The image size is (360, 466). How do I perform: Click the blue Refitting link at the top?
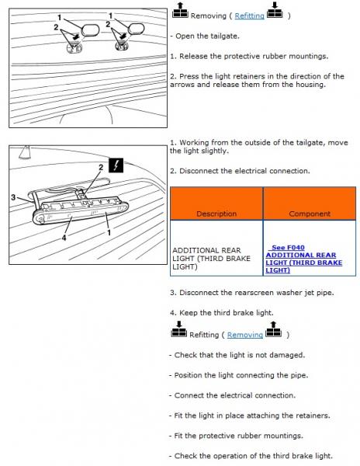click(x=249, y=16)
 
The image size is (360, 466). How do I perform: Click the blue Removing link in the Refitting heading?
click(x=245, y=335)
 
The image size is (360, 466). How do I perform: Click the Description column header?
click(x=216, y=214)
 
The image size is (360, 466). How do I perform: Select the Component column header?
click(x=310, y=214)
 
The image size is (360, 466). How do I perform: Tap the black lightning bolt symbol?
click(x=116, y=165)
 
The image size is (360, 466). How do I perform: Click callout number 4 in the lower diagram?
click(x=64, y=237)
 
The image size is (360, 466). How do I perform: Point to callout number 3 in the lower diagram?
click(x=13, y=197)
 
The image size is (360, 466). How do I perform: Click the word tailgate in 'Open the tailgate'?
click(x=225, y=37)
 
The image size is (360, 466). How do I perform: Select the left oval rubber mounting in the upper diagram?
click(x=90, y=30)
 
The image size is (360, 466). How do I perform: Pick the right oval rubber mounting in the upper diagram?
click(x=137, y=29)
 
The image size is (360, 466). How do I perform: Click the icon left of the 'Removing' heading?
click(x=180, y=10)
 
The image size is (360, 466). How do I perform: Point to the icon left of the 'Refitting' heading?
click(x=178, y=329)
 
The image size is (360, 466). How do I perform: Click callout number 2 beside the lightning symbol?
click(x=101, y=168)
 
